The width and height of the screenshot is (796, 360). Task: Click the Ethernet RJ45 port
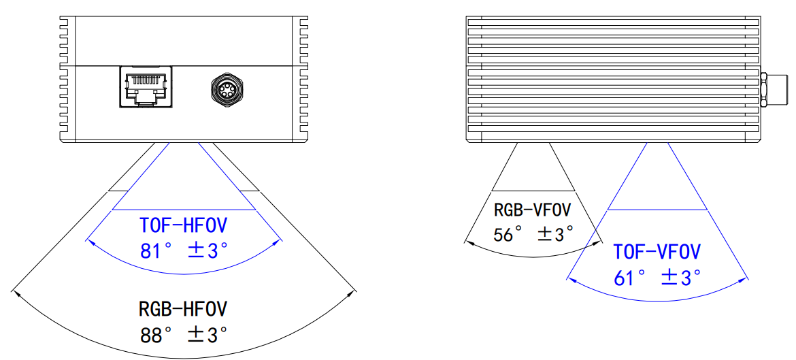(146, 86)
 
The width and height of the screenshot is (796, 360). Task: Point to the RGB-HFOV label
(183, 309)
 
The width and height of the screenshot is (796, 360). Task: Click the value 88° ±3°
(183, 334)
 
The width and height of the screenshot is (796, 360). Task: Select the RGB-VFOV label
(533, 210)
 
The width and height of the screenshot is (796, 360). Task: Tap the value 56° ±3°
(533, 235)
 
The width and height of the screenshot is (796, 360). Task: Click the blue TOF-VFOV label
(657, 252)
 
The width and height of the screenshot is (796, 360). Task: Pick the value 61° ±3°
(657, 277)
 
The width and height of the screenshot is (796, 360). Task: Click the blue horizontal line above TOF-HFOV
(183, 209)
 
